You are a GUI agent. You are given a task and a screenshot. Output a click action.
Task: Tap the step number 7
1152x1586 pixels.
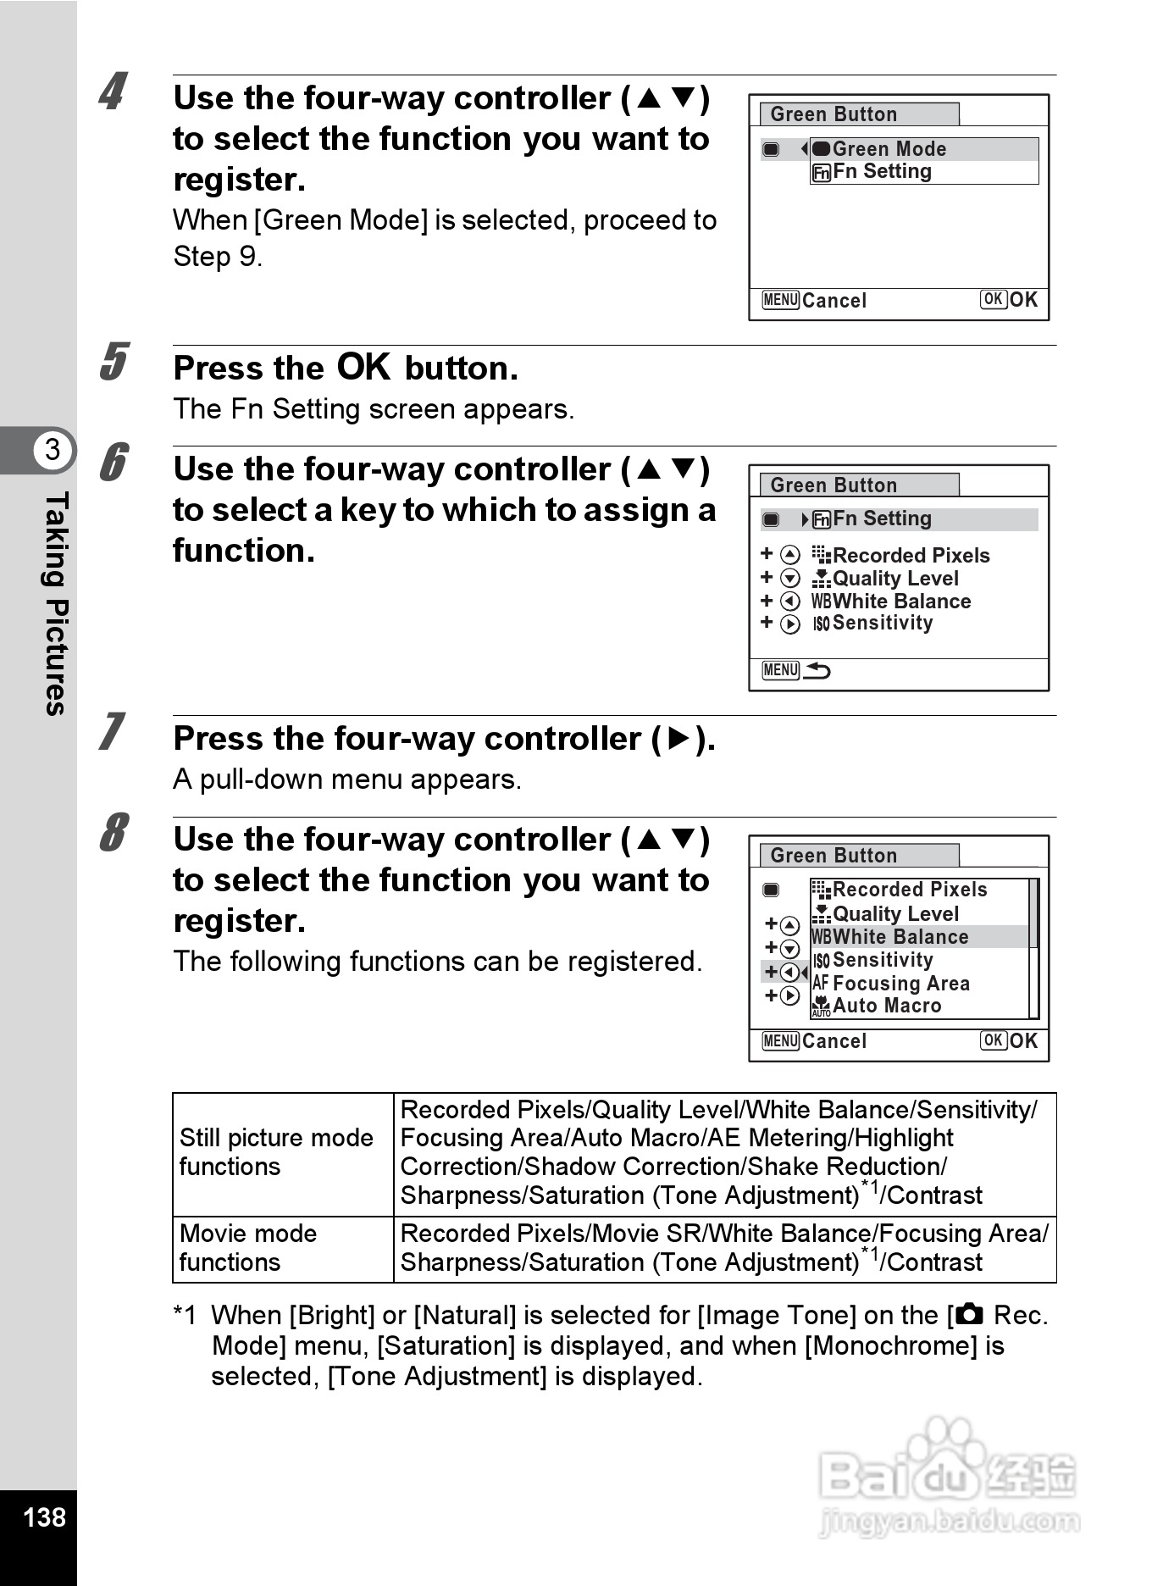[x=113, y=732]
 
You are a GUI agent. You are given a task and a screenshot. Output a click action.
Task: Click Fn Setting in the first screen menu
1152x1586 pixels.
[x=881, y=172]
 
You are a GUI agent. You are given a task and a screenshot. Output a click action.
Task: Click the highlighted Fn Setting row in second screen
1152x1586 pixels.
[x=881, y=519]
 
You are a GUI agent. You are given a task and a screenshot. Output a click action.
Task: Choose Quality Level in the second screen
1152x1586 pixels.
[x=894, y=579]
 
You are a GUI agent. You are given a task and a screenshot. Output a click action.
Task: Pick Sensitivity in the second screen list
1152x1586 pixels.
[x=881, y=624]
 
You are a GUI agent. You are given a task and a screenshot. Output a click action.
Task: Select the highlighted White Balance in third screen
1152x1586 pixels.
[x=900, y=937]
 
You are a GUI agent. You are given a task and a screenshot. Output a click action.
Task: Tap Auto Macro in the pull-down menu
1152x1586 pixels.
[x=886, y=1006]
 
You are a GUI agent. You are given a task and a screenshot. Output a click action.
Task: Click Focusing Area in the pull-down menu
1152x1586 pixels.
[x=900, y=984]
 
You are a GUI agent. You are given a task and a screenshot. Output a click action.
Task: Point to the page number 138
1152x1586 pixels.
[x=44, y=1517]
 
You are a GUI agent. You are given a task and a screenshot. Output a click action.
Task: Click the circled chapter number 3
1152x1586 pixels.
[x=53, y=449]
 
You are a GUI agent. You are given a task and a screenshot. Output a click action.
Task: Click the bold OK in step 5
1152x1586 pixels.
[x=363, y=368]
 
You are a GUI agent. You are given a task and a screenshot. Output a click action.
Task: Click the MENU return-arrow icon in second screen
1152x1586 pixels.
[x=796, y=671]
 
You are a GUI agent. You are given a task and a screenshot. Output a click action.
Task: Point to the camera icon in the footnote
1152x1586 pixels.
[x=968, y=1314]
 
